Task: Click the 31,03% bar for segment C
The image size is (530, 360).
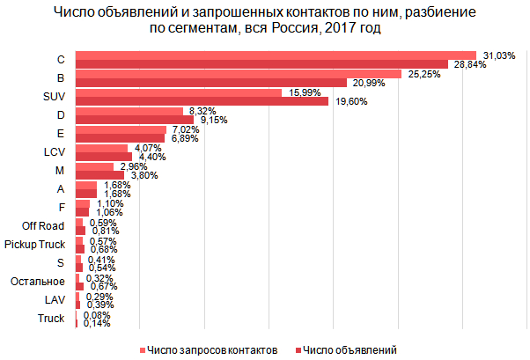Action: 275,55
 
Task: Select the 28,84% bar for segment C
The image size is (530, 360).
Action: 261,64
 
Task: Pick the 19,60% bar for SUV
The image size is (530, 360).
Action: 202,101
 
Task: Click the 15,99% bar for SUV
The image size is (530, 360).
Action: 178,92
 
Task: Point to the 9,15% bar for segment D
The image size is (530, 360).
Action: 134,120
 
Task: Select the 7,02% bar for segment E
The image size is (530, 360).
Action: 121,129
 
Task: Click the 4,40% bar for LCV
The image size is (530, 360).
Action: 103,157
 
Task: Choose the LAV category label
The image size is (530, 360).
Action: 54,299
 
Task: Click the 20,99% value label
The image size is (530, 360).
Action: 366,83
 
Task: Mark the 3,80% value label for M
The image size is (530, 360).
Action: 144,175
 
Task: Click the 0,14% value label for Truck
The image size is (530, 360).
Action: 97,323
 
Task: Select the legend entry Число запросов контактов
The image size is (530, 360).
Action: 212,349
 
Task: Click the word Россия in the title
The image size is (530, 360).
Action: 292,29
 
